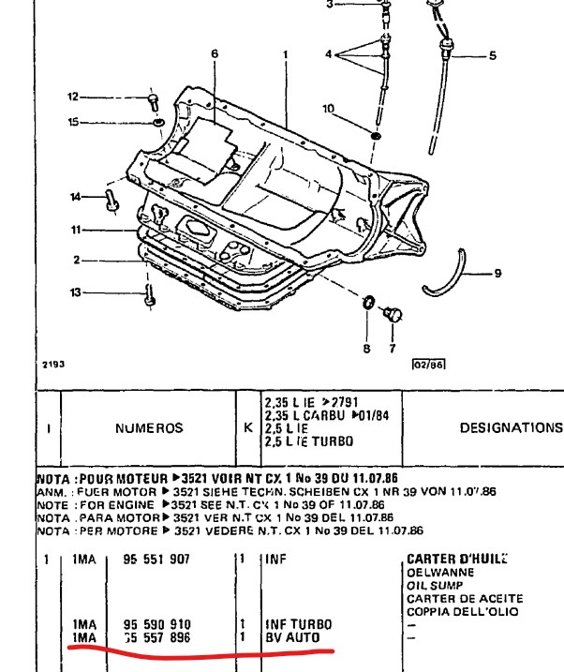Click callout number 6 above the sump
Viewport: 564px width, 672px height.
coord(214,53)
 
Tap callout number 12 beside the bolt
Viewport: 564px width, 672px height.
coord(75,97)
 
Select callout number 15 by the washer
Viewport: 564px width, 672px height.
coord(75,122)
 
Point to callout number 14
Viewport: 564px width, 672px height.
coord(75,196)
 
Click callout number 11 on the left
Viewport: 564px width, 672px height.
coord(75,230)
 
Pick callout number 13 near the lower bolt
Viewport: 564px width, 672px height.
coord(75,293)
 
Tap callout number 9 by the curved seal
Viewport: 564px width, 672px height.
coord(497,274)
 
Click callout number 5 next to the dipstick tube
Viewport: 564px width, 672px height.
coord(493,56)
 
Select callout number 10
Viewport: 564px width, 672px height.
coord(329,109)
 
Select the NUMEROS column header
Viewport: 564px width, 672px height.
coord(149,427)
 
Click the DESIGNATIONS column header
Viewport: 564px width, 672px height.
coord(511,427)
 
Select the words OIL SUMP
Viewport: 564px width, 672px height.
coord(437,585)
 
